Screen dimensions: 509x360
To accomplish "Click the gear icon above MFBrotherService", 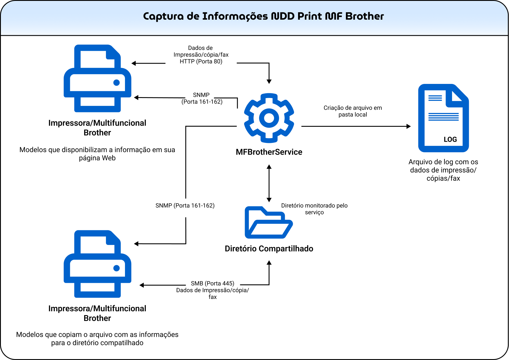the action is [269, 118].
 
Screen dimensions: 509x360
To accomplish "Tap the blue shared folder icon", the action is [269, 222].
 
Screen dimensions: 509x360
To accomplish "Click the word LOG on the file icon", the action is [450, 139].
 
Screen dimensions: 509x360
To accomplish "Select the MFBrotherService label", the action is [269, 152].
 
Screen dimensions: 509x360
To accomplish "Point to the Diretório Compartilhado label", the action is [269, 249].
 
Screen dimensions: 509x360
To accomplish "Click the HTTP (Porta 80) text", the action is [201, 61].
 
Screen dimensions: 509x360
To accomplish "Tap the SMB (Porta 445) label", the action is [213, 283].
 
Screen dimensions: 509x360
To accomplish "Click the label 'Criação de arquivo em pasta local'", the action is [353, 111].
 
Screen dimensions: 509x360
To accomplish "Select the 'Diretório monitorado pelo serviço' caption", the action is [314, 209].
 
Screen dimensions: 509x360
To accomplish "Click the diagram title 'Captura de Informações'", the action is [205, 16].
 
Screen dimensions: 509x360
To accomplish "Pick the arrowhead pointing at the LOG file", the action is [408, 126].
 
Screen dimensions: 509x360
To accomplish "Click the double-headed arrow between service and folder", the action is [269, 183].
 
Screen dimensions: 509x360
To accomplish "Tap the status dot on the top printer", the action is [116, 83].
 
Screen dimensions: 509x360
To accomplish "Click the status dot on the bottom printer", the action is [116, 268].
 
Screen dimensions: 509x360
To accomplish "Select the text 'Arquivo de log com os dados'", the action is [443, 166].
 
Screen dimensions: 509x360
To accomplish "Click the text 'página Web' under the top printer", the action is [97, 158].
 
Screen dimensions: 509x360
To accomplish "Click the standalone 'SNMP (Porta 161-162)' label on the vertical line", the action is [185, 206].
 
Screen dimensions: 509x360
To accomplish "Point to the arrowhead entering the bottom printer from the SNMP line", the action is [136, 244].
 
